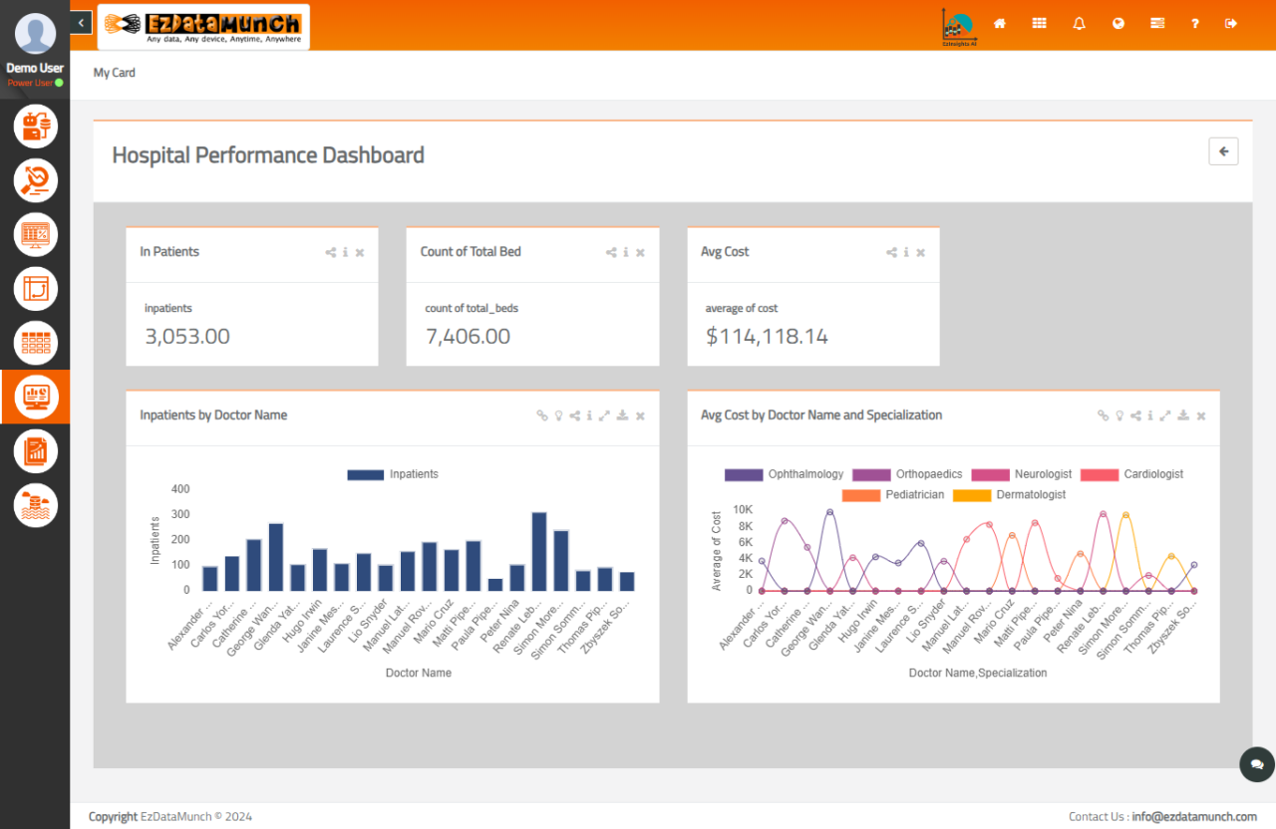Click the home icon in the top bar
click(1000, 23)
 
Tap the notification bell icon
click(1079, 23)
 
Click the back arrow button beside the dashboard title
click(1223, 151)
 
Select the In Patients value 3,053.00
click(187, 337)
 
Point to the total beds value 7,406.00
click(468, 337)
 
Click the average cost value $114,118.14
click(767, 337)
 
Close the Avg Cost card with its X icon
click(921, 253)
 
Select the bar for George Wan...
click(276, 557)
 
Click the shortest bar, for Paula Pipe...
click(495, 584)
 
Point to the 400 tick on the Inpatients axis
click(180, 489)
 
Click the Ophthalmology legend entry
click(785, 474)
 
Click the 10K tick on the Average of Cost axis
click(743, 509)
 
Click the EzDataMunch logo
click(203, 26)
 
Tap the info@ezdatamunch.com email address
click(1193, 817)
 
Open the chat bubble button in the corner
click(1256, 764)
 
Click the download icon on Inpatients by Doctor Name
click(622, 415)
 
